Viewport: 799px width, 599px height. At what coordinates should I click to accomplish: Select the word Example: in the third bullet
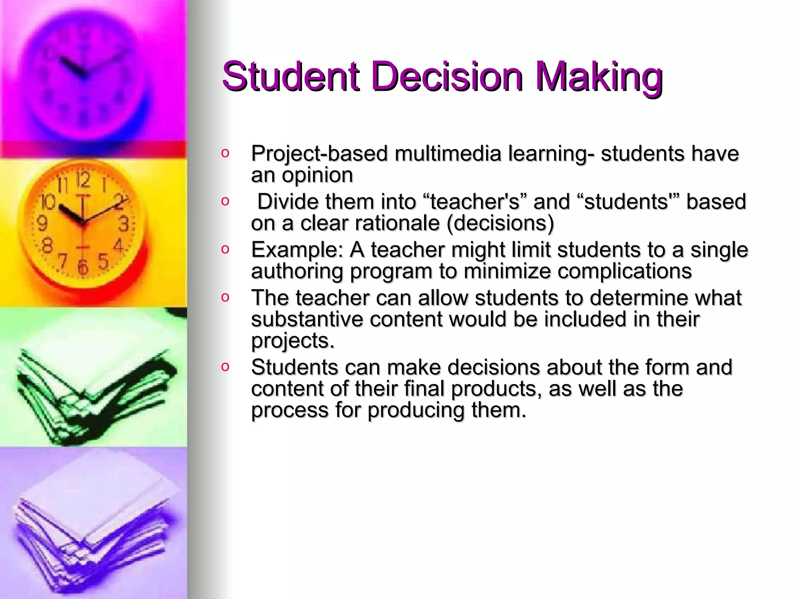[297, 250]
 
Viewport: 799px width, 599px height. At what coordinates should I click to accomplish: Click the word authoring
[297, 271]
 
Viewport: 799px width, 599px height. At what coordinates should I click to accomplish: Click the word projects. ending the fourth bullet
[293, 341]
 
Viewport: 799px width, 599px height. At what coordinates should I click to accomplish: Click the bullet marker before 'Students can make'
[225, 367]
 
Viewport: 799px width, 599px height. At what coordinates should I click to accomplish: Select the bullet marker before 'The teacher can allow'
[225, 298]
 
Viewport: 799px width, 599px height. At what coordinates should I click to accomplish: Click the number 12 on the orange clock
[83, 180]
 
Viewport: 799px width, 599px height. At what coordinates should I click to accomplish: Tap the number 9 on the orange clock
[42, 223]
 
